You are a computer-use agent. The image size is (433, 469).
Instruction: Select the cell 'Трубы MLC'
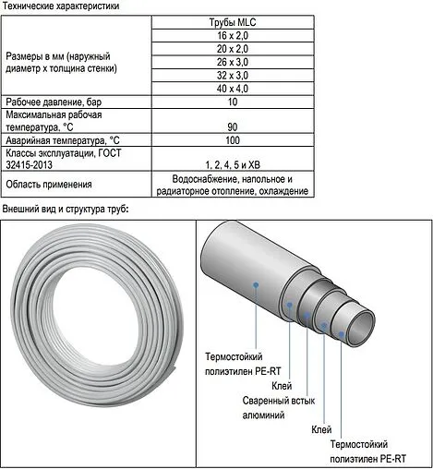tap(232, 20)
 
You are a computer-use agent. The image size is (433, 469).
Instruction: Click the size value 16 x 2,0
tap(232, 36)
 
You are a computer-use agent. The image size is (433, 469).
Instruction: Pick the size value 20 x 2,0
tap(232, 52)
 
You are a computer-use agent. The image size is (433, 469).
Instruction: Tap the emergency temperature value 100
tap(232, 140)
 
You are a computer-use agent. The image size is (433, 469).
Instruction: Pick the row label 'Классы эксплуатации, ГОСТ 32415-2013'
tap(59, 157)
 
